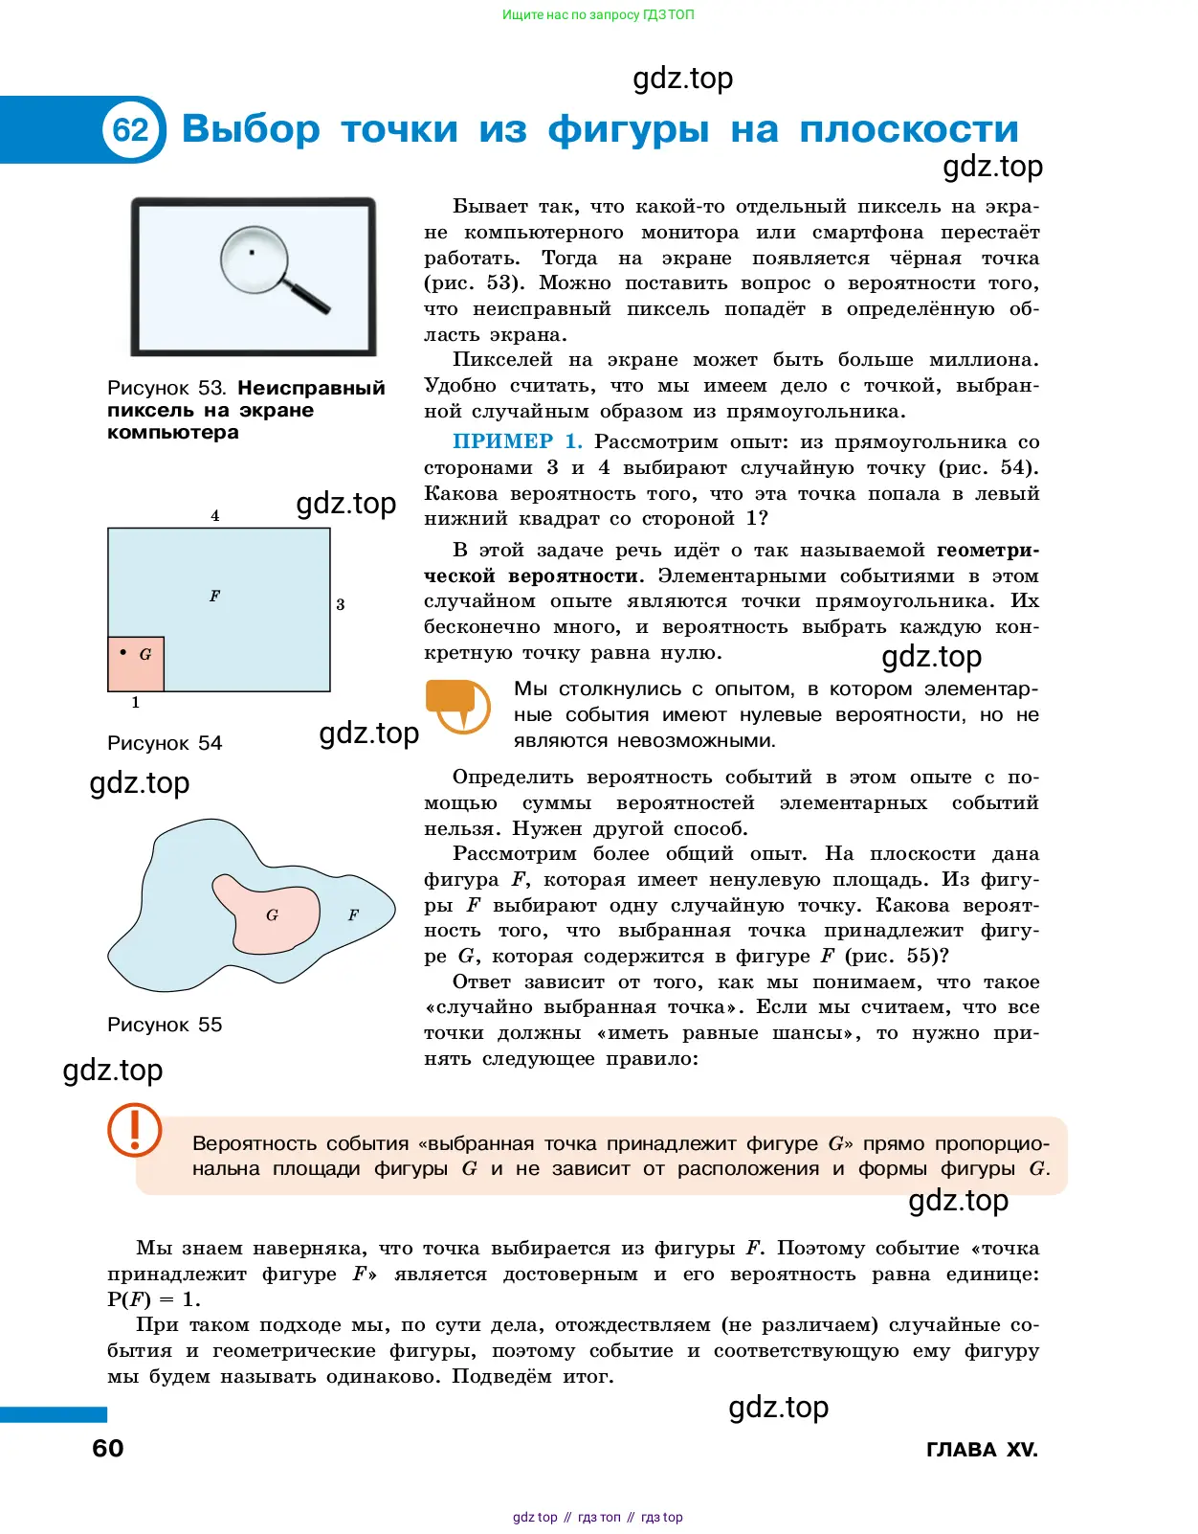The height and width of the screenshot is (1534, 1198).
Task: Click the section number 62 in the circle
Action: pyautogui.click(x=131, y=129)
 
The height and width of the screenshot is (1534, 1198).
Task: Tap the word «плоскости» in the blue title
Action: pyautogui.click(x=909, y=129)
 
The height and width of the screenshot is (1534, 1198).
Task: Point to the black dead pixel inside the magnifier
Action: pyautogui.click(x=252, y=253)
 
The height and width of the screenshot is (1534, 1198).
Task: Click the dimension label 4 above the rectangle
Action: pyautogui.click(x=215, y=515)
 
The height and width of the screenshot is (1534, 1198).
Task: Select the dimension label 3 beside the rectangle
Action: pyautogui.click(x=341, y=604)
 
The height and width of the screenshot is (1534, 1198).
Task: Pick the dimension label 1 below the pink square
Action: pyautogui.click(x=136, y=702)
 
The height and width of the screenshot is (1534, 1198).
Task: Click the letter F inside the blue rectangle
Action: pyautogui.click(x=214, y=596)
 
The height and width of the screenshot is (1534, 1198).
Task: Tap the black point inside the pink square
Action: pyautogui.click(x=123, y=652)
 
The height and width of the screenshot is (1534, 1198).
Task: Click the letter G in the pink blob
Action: pyautogui.click(x=273, y=915)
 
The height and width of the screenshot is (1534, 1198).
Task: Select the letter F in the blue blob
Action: pyautogui.click(x=353, y=915)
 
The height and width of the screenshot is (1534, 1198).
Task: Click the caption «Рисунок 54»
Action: pyautogui.click(x=165, y=743)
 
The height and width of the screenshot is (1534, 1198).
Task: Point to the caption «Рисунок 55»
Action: pyautogui.click(x=165, y=1025)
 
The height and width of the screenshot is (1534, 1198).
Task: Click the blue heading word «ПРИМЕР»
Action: pyautogui.click(x=503, y=441)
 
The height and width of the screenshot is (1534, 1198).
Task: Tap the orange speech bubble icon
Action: pyautogui.click(x=457, y=705)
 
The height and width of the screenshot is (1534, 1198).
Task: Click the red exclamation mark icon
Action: pyautogui.click(x=134, y=1129)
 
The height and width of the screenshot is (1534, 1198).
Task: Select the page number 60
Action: pyautogui.click(x=108, y=1448)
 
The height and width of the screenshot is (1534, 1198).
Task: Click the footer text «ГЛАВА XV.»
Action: pyautogui.click(x=982, y=1450)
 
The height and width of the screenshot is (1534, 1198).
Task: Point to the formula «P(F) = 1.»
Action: pyautogui.click(x=154, y=1299)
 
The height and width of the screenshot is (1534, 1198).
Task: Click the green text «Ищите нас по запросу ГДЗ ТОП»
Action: pyautogui.click(x=598, y=15)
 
